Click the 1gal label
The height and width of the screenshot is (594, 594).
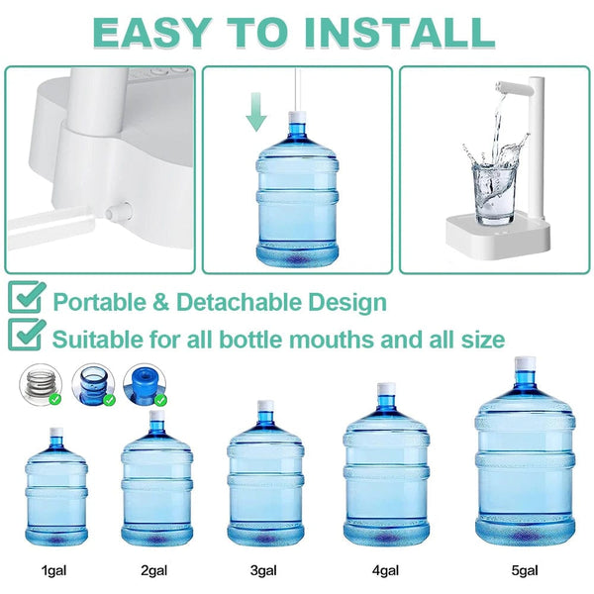(54, 571)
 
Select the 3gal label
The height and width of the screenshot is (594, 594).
(264, 571)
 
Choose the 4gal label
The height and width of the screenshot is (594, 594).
(386, 571)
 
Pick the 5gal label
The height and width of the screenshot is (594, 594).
(525, 571)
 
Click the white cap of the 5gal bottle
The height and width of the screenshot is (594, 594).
(525, 364)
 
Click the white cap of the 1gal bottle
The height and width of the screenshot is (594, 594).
(55, 433)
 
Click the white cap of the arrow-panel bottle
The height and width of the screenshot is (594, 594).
(295, 117)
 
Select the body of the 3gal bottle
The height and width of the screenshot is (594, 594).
(265, 485)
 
